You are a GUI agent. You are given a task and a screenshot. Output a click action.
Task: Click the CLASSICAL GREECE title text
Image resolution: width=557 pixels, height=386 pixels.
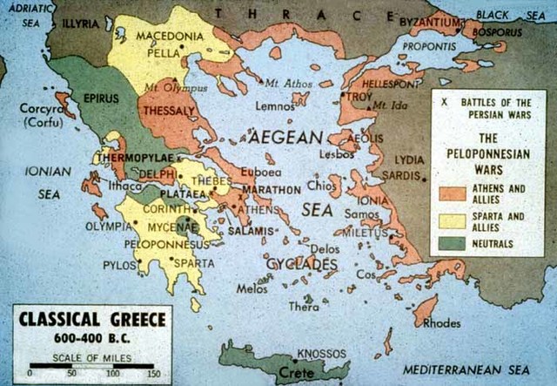pyautogui.click(x=91, y=320)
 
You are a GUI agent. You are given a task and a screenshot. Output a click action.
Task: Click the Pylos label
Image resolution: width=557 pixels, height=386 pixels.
pyautogui.click(x=120, y=264)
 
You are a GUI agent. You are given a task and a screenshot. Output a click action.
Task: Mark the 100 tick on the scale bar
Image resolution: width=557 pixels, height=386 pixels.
pyautogui.click(x=114, y=373)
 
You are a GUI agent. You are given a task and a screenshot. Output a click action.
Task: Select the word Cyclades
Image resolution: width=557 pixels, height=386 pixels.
pyautogui.click(x=300, y=263)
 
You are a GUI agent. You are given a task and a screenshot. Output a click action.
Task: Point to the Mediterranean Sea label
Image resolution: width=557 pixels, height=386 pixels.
pyautogui.click(x=479, y=369)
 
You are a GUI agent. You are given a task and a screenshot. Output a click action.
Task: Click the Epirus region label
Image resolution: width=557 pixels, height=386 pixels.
pyautogui.click(x=101, y=98)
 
